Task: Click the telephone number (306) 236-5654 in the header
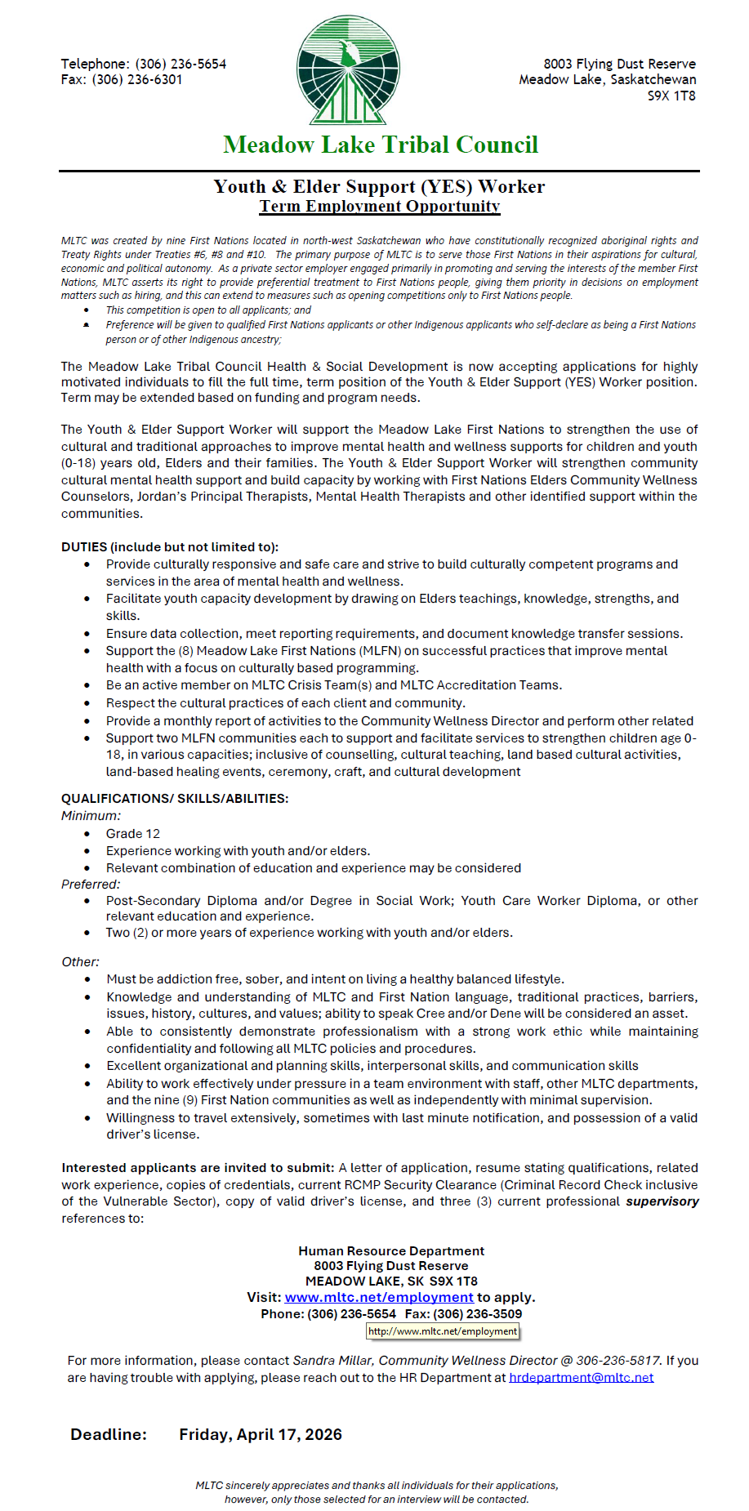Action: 181,64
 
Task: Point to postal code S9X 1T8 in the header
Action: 671,96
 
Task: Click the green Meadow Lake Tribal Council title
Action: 381,145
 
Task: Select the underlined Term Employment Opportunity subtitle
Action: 380,206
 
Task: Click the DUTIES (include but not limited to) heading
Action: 170,546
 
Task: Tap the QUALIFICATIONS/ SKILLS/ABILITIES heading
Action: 175,798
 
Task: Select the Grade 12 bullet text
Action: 133,833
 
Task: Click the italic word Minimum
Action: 91,815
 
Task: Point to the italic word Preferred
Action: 91,884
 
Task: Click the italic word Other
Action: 80,961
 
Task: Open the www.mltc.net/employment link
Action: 379,1297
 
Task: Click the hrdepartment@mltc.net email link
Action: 581,1377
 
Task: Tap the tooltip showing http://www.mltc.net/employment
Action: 443,1330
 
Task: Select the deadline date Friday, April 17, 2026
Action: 261,1434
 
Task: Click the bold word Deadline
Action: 109,1434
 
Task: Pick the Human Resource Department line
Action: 391,1250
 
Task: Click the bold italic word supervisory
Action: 662,1201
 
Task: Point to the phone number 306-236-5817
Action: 617,1360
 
